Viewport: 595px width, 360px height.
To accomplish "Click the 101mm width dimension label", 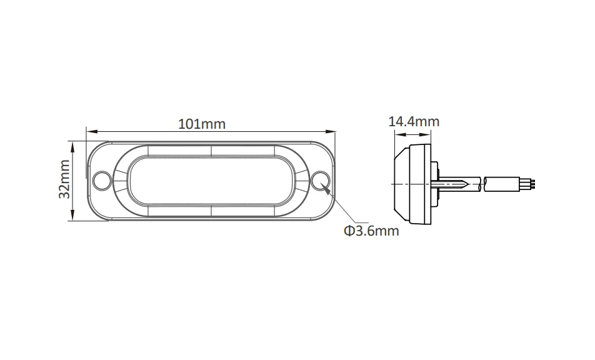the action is tap(202, 124).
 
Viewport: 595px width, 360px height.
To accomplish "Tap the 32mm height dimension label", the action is tap(64, 179).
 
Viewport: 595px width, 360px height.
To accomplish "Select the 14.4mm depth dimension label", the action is tap(414, 122).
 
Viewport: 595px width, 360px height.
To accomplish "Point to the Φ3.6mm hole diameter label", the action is tap(371, 231).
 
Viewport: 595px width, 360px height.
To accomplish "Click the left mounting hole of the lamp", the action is tap(102, 180).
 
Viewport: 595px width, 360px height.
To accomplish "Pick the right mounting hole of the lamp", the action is tap(321, 180).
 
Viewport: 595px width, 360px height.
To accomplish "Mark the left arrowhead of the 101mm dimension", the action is tap(91, 132).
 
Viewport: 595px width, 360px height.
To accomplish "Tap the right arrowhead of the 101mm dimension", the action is tap(331, 132).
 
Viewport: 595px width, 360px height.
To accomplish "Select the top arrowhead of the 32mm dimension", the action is tap(72, 146).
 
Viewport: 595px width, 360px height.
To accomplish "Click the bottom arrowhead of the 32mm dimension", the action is tap(72, 216).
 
